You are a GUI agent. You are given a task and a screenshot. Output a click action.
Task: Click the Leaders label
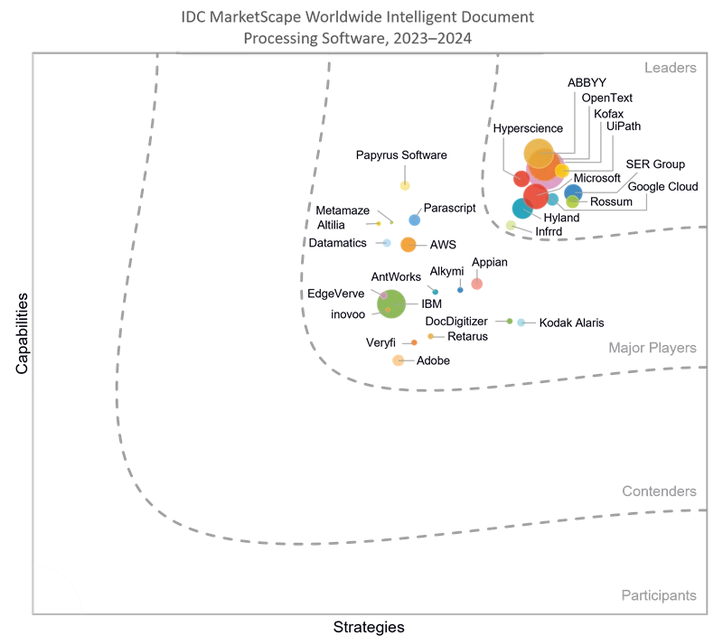point(670,69)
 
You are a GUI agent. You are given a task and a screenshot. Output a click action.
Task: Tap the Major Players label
point(652,348)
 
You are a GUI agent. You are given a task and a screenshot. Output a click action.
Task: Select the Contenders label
point(659,491)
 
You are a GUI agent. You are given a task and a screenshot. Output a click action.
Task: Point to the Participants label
point(658,595)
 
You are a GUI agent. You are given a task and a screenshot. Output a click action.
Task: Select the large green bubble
point(392,304)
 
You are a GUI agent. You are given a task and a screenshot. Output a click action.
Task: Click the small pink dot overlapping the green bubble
point(384,295)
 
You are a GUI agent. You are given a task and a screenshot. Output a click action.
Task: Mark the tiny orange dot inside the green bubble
point(388,310)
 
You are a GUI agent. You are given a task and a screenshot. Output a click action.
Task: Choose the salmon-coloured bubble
point(476,284)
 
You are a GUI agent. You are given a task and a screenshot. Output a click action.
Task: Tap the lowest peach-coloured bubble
point(398,360)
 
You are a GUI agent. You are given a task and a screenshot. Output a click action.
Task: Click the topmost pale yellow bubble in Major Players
point(405,186)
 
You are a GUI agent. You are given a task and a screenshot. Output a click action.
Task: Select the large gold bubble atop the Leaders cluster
point(538,153)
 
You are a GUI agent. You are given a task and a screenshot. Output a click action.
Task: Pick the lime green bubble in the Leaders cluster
point(572,202)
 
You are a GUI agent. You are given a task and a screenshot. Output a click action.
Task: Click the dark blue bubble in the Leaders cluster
point(573,192)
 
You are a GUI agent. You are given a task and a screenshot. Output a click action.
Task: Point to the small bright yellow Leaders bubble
point(562,171)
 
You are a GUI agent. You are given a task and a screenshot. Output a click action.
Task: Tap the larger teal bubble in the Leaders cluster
point(521,209)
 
